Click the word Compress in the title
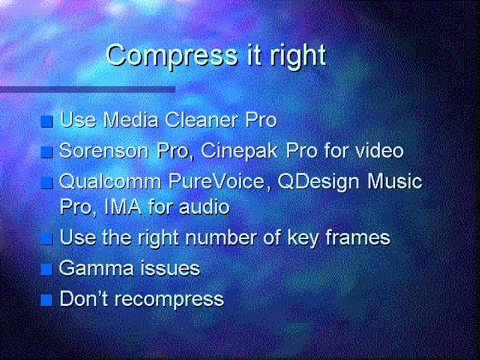pos(172,55)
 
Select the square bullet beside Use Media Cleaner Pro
pos(47,122)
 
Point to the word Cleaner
pos(202,120)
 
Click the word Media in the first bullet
pos(131,120)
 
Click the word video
pos(377,150)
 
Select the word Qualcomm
pos(110,181)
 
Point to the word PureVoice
pos(216,181)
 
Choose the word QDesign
pos(318,182)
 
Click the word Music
pos(395,181)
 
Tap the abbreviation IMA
pos(123,207)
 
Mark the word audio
pos(204,206)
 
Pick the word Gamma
pos(96,268)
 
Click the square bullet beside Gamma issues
pos(47,270)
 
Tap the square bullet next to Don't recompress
pos(47,301)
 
